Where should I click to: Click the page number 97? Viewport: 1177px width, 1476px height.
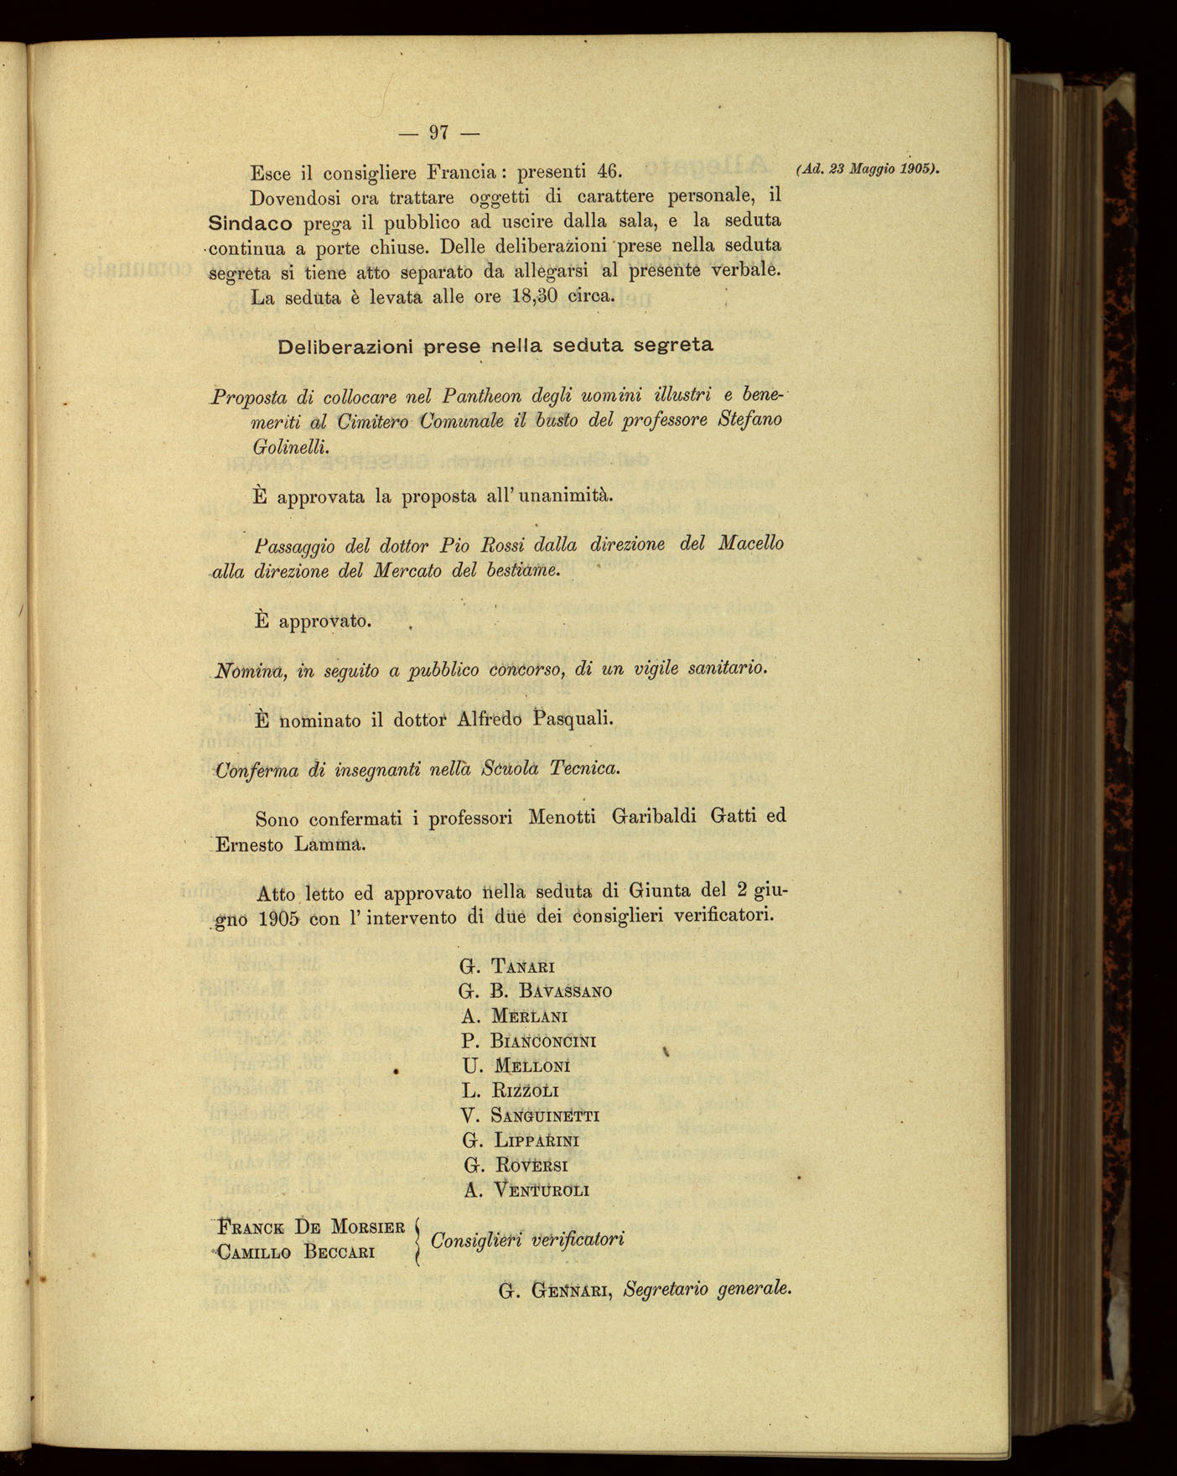pyautogui.click(x=439, y=132)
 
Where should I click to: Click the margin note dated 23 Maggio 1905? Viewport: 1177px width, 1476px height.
pyautogui.click(x=867, y=169)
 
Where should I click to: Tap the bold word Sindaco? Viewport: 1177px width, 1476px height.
pyautogui.click(x=250, y=223)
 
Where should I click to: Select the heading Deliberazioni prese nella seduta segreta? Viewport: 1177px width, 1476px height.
pyautogui.click(x=495, y=346)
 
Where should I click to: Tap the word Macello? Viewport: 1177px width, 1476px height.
pyautogui.click(x=750, y=543)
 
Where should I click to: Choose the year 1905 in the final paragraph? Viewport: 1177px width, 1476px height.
pyautogui.click(x=279, y=917)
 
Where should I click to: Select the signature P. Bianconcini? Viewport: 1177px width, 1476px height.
pyautogui.click(x=528, y=1042)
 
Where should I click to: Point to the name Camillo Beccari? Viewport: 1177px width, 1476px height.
pyautogui.click(x=295, y=1253)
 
